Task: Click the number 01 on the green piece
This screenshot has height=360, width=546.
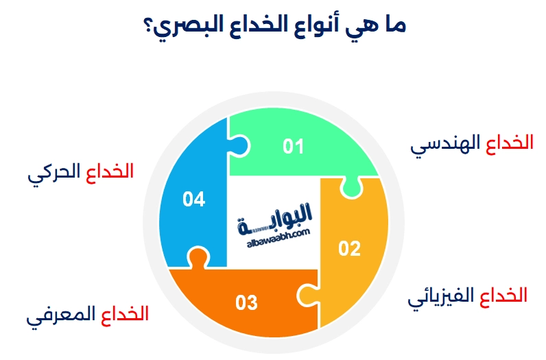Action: coord(294,146)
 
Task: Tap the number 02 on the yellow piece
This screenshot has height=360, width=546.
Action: coord(349,248)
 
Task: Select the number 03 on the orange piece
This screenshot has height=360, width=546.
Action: coord(246,302)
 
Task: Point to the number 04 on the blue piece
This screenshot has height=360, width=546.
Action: coord(194,199)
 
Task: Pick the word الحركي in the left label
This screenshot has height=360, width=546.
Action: coord(54,173)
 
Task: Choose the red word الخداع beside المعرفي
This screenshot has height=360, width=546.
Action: coord(124,315)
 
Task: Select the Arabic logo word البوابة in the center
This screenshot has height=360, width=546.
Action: coord(275,214)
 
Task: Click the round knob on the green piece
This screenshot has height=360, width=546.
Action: coord(351,185)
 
